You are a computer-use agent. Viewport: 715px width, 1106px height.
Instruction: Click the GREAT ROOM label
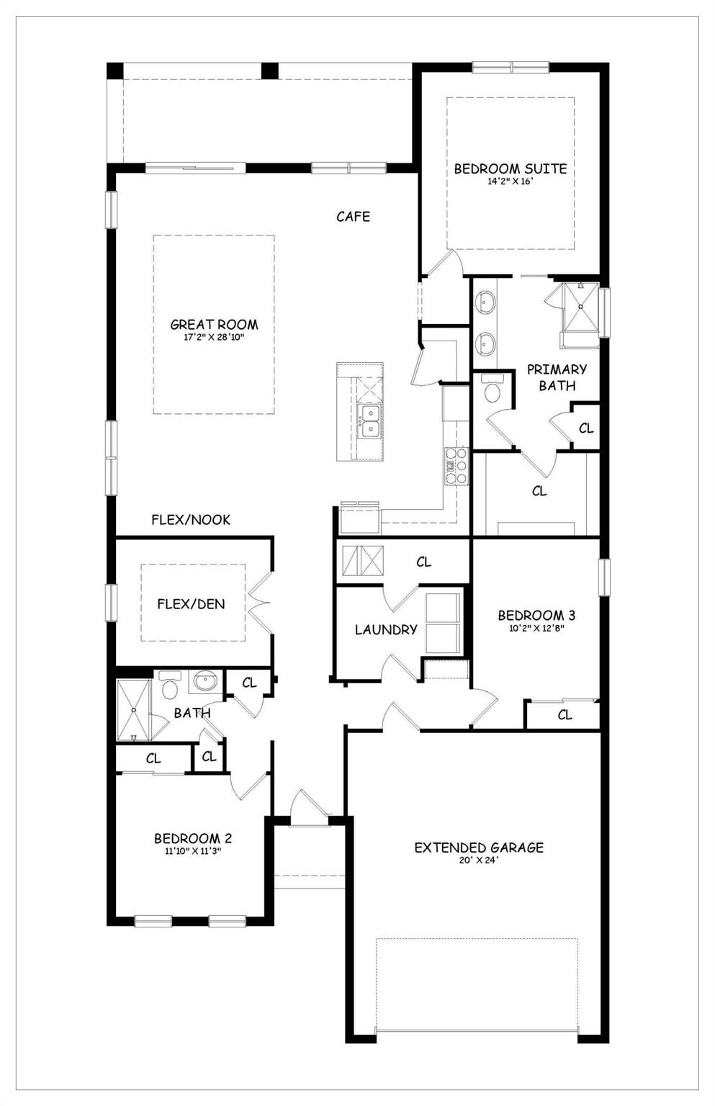214,325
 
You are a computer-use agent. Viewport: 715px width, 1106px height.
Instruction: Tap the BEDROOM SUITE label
510,168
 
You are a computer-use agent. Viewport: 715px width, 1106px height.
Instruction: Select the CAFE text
353,216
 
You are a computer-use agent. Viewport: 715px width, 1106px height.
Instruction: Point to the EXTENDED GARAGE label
479,848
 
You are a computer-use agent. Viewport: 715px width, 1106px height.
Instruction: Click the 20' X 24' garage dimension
479,860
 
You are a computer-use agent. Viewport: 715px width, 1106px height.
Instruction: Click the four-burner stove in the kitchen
456,466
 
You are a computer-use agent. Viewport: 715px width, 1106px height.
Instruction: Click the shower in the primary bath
580,307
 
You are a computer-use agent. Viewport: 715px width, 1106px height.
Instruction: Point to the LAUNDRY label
386,629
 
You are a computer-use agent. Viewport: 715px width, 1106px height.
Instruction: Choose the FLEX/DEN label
191,604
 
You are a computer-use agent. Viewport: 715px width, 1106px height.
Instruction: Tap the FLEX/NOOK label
191,520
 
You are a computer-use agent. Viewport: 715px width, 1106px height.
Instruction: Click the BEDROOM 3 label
536,616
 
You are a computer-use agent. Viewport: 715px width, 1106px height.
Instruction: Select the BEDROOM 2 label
192,839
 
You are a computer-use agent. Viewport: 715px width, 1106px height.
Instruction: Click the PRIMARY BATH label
557,377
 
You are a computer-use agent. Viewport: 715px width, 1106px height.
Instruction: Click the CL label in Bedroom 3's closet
565,715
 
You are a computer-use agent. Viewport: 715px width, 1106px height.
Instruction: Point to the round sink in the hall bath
206,680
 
